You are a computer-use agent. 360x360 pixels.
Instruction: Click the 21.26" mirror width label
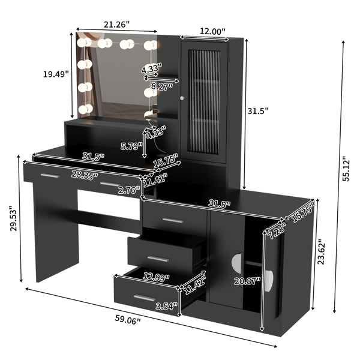pos(117,25)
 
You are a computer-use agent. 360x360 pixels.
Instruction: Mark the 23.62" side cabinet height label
pos(323,251)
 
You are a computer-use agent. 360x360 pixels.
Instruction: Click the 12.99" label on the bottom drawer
pos(156,277)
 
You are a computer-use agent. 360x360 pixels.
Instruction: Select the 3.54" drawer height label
pos(166,306)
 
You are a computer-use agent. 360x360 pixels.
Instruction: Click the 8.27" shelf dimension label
pos(160,86)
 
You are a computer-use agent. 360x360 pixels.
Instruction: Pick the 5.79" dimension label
pos(131,145)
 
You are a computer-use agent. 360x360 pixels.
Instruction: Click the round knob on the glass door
pos(182,98)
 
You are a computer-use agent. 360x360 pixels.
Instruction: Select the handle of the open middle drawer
pos(158,259)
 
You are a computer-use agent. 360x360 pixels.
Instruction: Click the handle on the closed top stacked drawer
pos(172,220)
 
